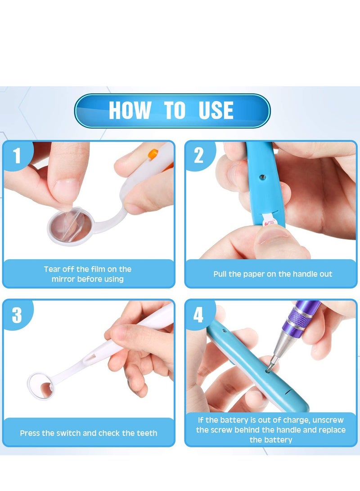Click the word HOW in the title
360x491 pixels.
point(130,111)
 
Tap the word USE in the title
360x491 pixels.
point(216,111)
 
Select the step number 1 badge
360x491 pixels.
point(17,155)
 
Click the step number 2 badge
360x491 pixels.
point(199,155)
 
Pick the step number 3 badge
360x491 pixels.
point(17,315)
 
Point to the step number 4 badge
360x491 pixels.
point(198,315)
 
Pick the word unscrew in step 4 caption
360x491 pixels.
point(331,420)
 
